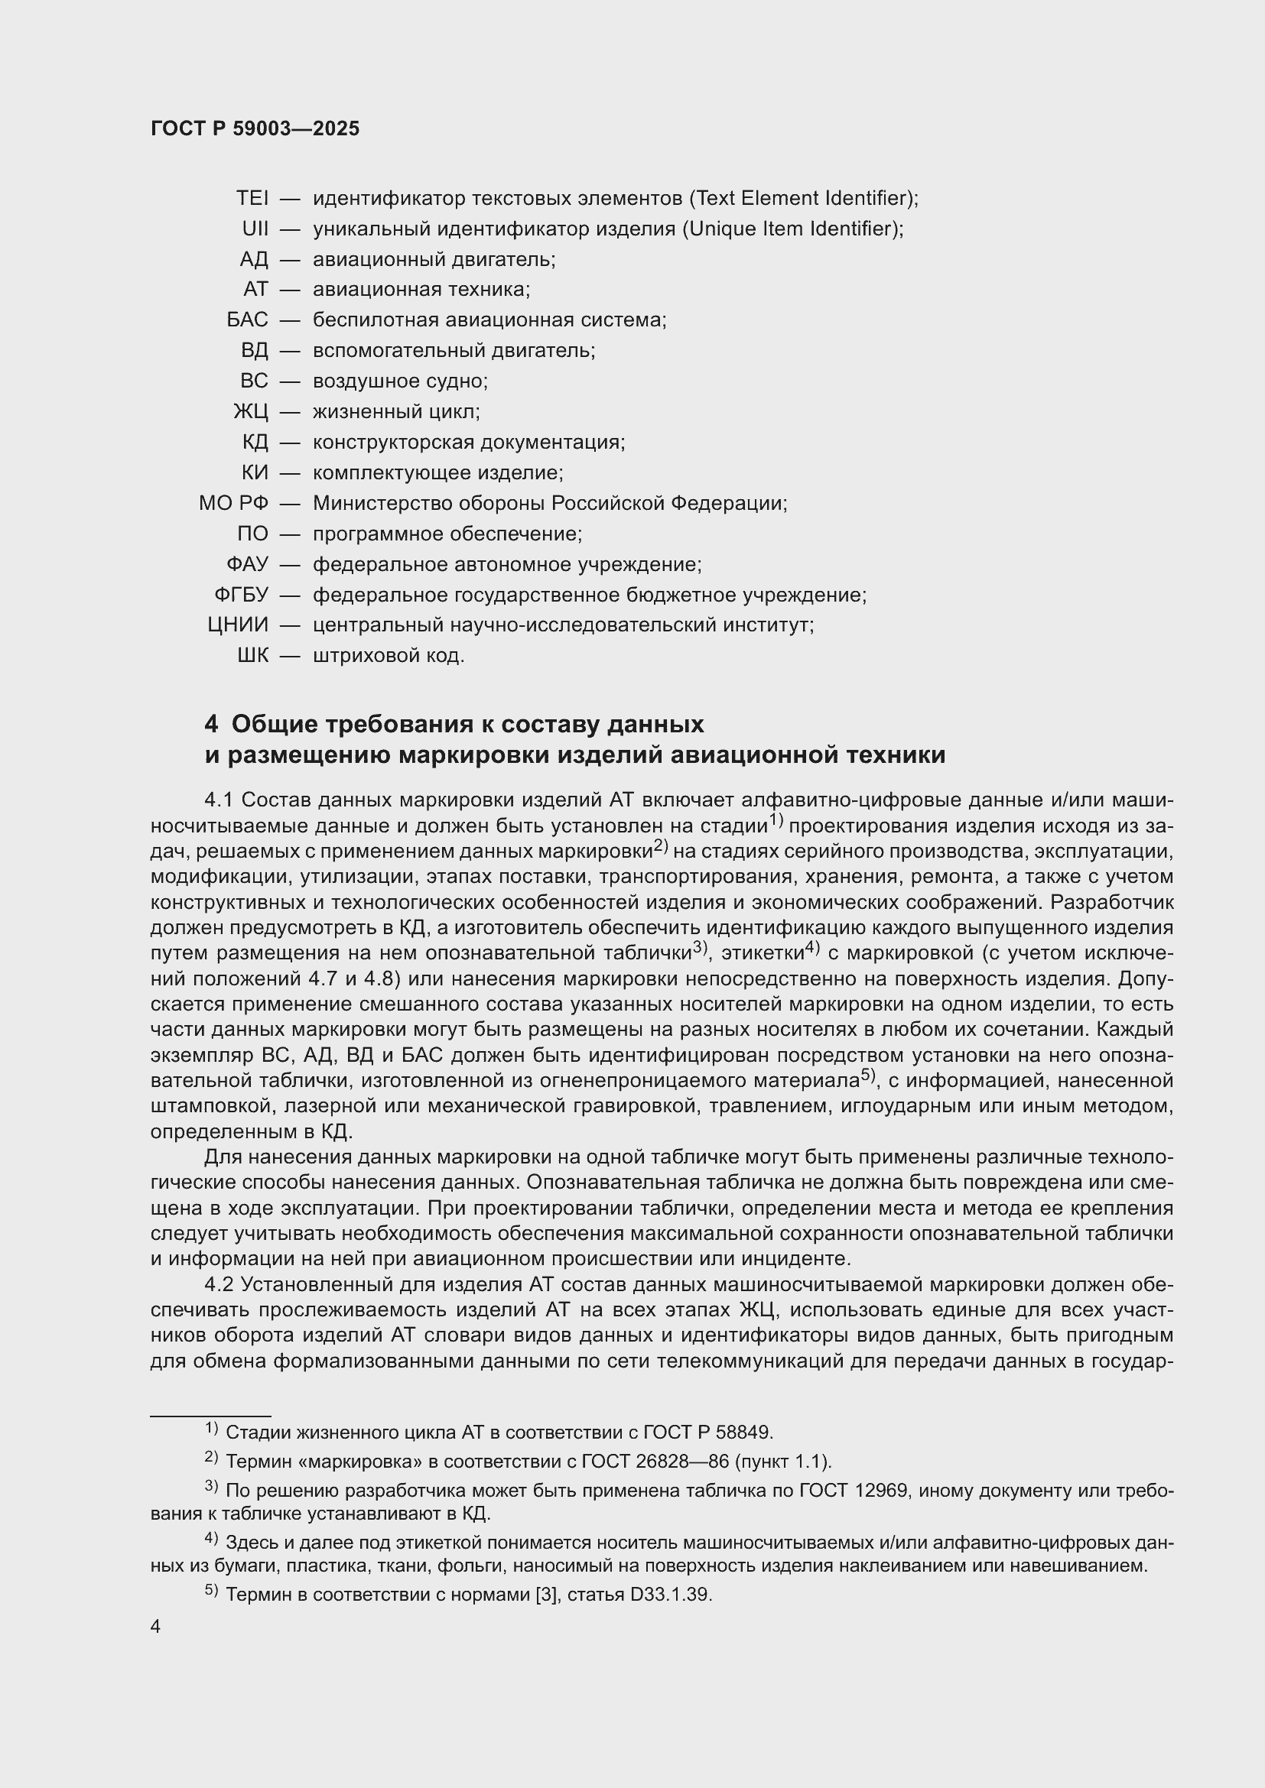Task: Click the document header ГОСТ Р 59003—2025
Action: (x=255, y=129)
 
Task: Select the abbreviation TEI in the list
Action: (x=252, y=199)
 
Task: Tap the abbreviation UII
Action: (x=255, y=229)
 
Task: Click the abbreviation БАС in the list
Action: (x=247, y=320)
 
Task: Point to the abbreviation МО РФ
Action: (x=233, y=504)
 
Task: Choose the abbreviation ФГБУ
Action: (x=241, y=595)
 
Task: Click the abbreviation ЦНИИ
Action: (x=238, y=625)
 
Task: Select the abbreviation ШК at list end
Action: (x=252, y=656)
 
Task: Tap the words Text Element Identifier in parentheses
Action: (x=802, y=199)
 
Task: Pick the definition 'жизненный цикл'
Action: (x=395, y=412)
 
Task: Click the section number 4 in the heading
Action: (x=211, y=724)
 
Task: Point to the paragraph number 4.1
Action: (x=220, y=800)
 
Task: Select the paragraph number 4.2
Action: (x=220, y=1284)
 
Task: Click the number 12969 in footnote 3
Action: (x=880, y=1491)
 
